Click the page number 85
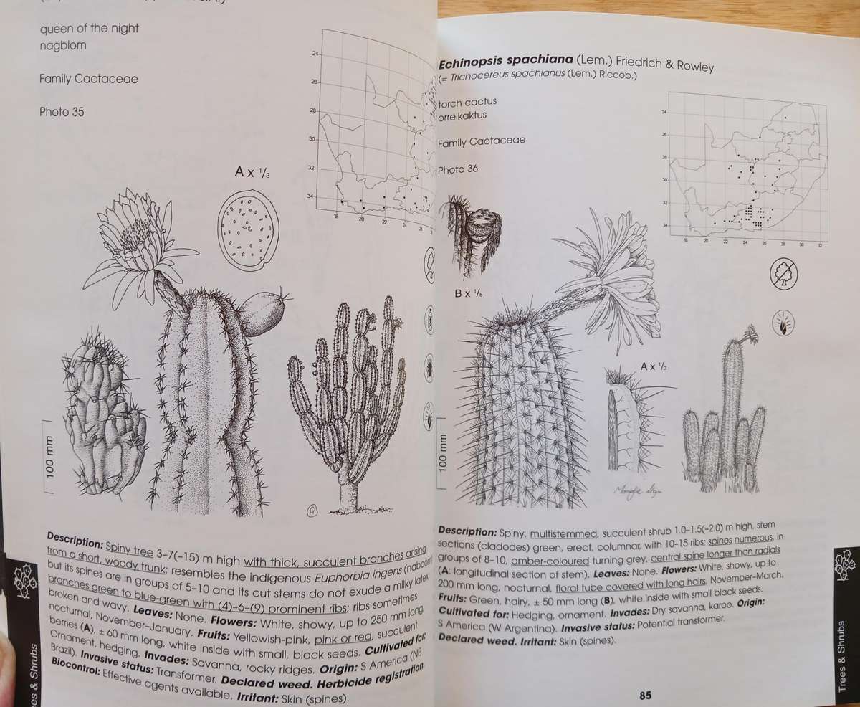point(645,695)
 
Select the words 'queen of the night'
point(90,29)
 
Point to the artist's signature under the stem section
point(636,491)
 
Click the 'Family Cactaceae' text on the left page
point(88,79)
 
